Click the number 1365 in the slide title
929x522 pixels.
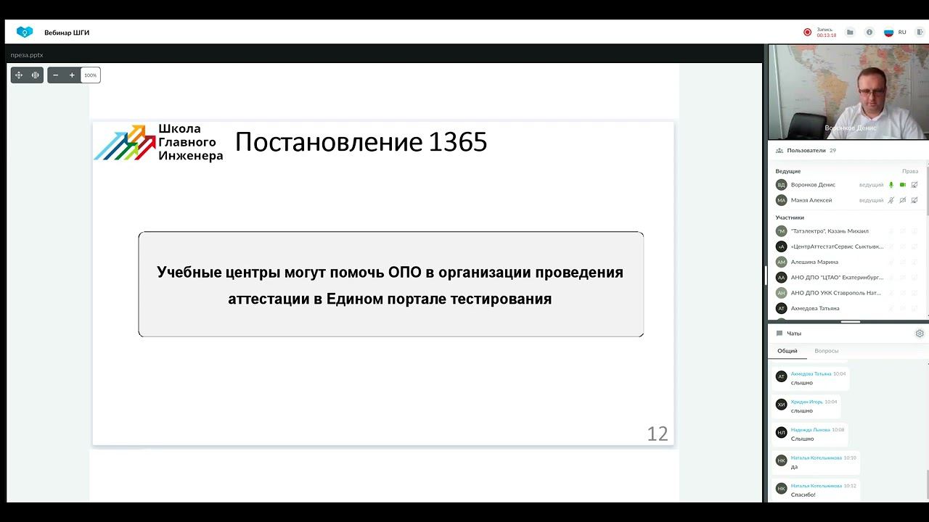(x=457, y=142)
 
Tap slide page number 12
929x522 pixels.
(x=657, y=434)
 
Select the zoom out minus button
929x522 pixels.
(x=56, y=75)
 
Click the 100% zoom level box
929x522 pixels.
(x=90, y=75)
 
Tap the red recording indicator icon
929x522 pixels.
(x=807, y=32)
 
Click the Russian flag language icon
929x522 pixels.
(x=888, y=33)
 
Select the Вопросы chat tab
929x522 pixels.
(x=826, y=351)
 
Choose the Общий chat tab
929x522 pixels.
(x=787, y=351)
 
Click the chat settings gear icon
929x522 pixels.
(x=919, y=333)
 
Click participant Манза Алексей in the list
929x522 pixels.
(x=811, y=200)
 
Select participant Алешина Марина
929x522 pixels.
(x=814, y=262)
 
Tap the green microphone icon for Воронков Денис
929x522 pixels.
(x=891, y=185)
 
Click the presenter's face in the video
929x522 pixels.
(x=871, y=88)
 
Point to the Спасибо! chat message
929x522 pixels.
(x=803, y=494)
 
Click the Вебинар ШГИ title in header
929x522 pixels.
(x=67, y=33)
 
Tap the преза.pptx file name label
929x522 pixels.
(x=27, y=55)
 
